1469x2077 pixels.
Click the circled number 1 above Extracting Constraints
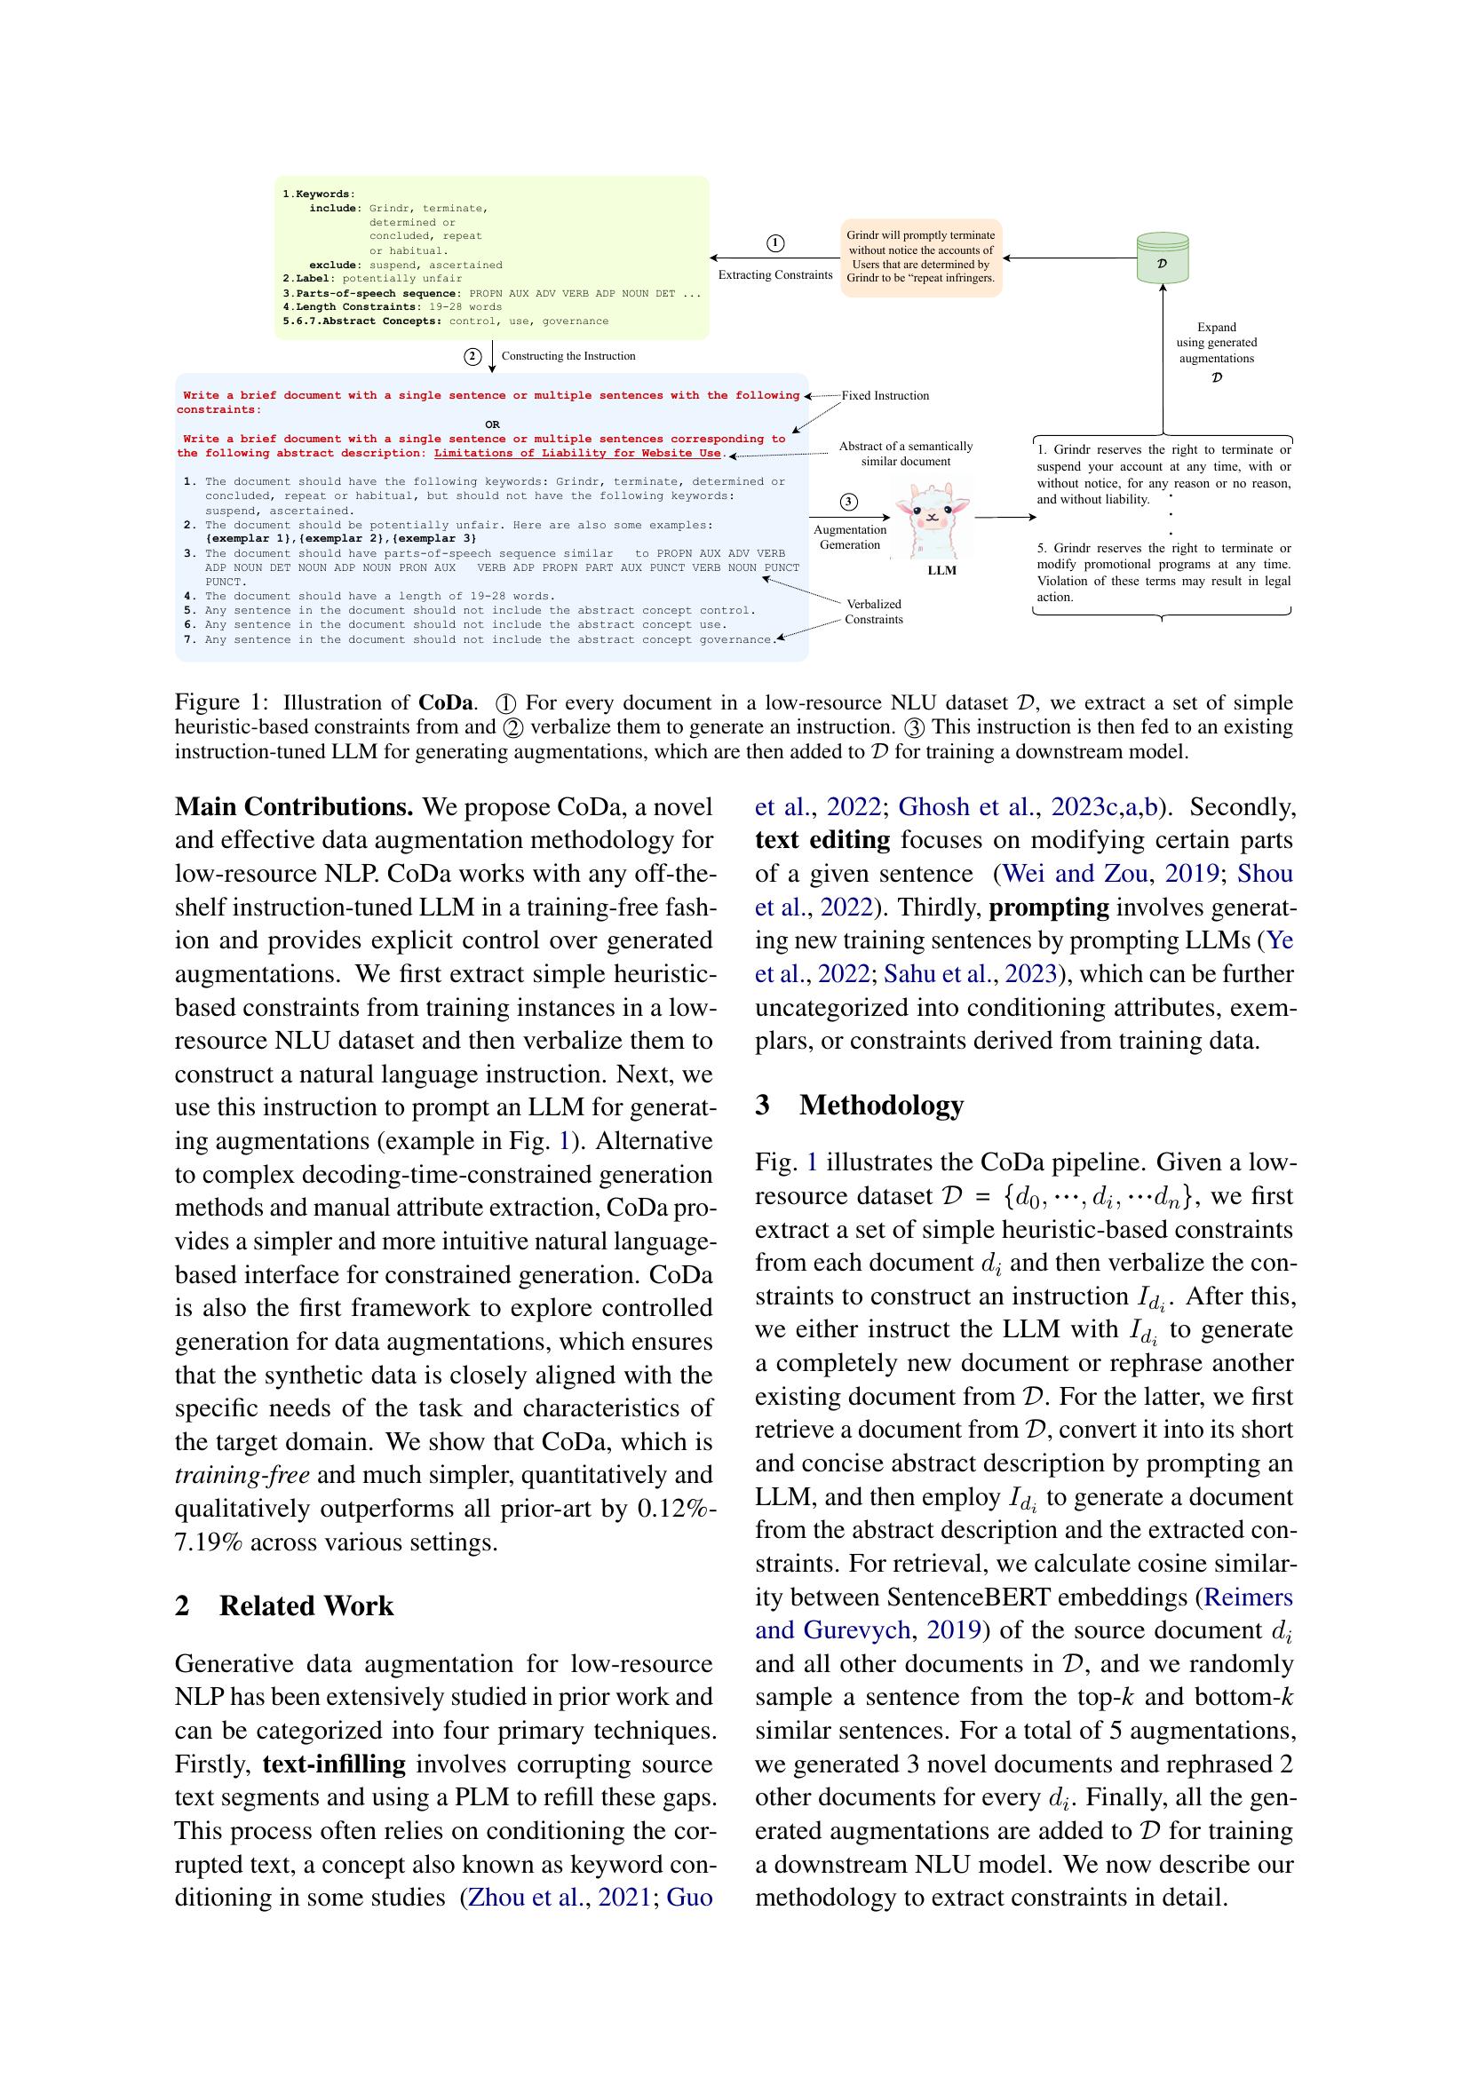tap(775, 242)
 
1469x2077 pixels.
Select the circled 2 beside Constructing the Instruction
tap(472, 356)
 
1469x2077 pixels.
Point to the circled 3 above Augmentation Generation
tap(848, 502)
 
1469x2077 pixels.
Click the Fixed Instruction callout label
tap(885, 395)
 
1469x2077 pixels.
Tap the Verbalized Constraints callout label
tap(873, 612)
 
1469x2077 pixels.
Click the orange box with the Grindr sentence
tap(921, 257)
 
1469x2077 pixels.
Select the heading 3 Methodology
tap(860, 1105)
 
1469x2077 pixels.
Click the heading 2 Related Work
tap(284, 1605)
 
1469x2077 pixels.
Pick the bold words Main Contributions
tap(294, 807)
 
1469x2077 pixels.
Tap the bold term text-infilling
tap(334, 1764)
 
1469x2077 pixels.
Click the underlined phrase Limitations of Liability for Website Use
tap(577, 453)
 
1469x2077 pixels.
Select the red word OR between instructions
tap(492, 424)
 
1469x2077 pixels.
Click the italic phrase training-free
tap(242, 1475)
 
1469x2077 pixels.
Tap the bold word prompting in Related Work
tap(1048, 908)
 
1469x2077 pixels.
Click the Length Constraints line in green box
tap(392, 306)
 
